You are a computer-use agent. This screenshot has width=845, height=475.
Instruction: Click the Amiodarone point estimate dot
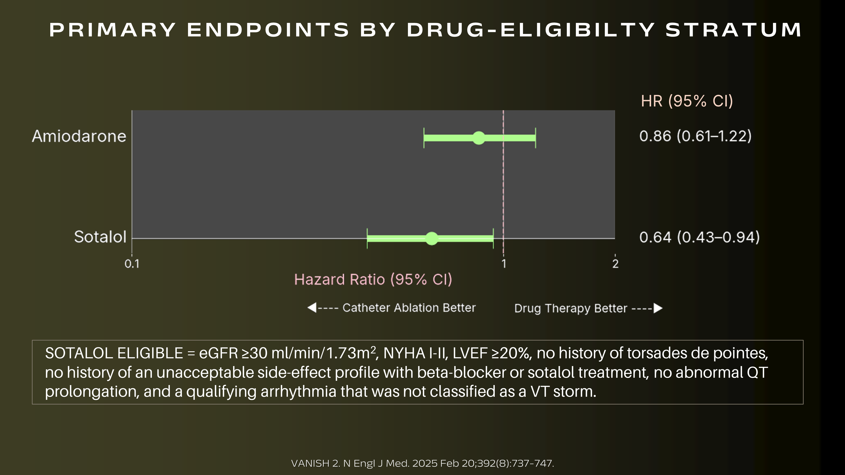[x=479, y=138]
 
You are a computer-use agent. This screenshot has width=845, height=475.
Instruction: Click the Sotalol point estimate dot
[x=432, y=238]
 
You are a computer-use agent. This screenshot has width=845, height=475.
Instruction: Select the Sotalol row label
[x=100, y=237]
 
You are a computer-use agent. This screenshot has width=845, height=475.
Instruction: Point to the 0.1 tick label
[x=132, y=263]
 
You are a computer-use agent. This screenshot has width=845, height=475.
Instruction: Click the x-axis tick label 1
[x=504, y=263]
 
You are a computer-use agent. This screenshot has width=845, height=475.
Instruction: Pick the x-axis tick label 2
[x=615, y=263]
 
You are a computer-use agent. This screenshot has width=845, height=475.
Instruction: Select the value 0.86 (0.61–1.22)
[x=695, y=136]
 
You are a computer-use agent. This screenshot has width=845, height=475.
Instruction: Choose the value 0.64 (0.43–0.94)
[x=699, y=237]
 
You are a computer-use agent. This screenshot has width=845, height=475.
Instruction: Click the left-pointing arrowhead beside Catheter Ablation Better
[x=312, y=308]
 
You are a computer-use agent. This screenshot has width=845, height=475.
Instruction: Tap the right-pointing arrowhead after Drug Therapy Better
[x=658, y=308]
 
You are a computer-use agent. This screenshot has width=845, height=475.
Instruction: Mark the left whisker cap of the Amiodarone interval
[x=424, y=138]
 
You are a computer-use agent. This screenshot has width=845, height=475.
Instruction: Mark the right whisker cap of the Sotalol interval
[x=493, y=238]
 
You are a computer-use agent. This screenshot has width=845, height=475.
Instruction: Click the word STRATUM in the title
[x=733, y=30]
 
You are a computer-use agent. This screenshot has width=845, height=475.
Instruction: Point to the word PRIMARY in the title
[x=113, y=30]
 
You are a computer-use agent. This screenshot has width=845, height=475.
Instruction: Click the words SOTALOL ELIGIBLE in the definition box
[x=114, y=353]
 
